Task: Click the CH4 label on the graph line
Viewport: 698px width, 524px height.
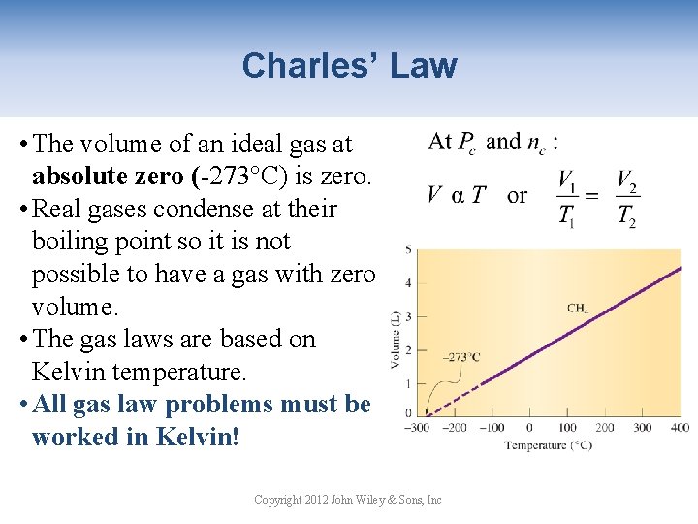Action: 578,309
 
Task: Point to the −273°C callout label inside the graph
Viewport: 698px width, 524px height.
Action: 460,356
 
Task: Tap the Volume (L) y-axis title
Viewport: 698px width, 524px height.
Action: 396,333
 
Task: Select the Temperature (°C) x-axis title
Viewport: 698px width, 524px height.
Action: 548,445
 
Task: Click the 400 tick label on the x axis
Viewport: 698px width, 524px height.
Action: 679,428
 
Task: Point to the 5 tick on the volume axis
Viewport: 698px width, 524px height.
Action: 409,249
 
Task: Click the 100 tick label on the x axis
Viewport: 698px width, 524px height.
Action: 566,428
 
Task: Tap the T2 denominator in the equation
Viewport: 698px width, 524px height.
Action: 626,216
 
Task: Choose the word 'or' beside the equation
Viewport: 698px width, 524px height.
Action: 518,195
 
